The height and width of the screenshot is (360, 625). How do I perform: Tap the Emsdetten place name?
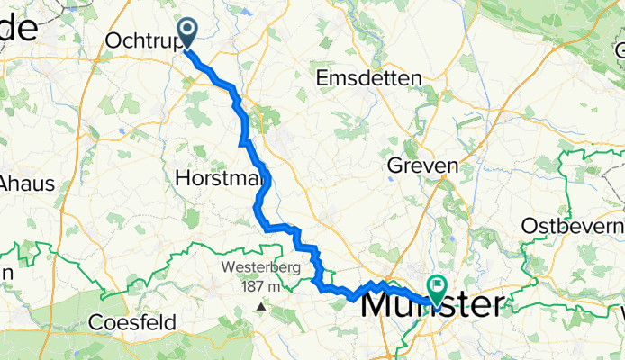(x=369, y=79)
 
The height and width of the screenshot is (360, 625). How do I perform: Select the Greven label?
(x=422, y=166)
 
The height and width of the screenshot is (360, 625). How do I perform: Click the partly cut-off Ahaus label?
(x=27, y=183)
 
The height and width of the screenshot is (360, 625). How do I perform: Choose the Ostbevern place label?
(x=573, y=224)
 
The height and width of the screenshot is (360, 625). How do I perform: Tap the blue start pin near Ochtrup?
(x=189, y=33)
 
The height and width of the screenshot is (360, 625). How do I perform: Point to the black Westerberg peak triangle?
(x=261, y=306)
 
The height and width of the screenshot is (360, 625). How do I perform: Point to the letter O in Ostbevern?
(x=528, y=224)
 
